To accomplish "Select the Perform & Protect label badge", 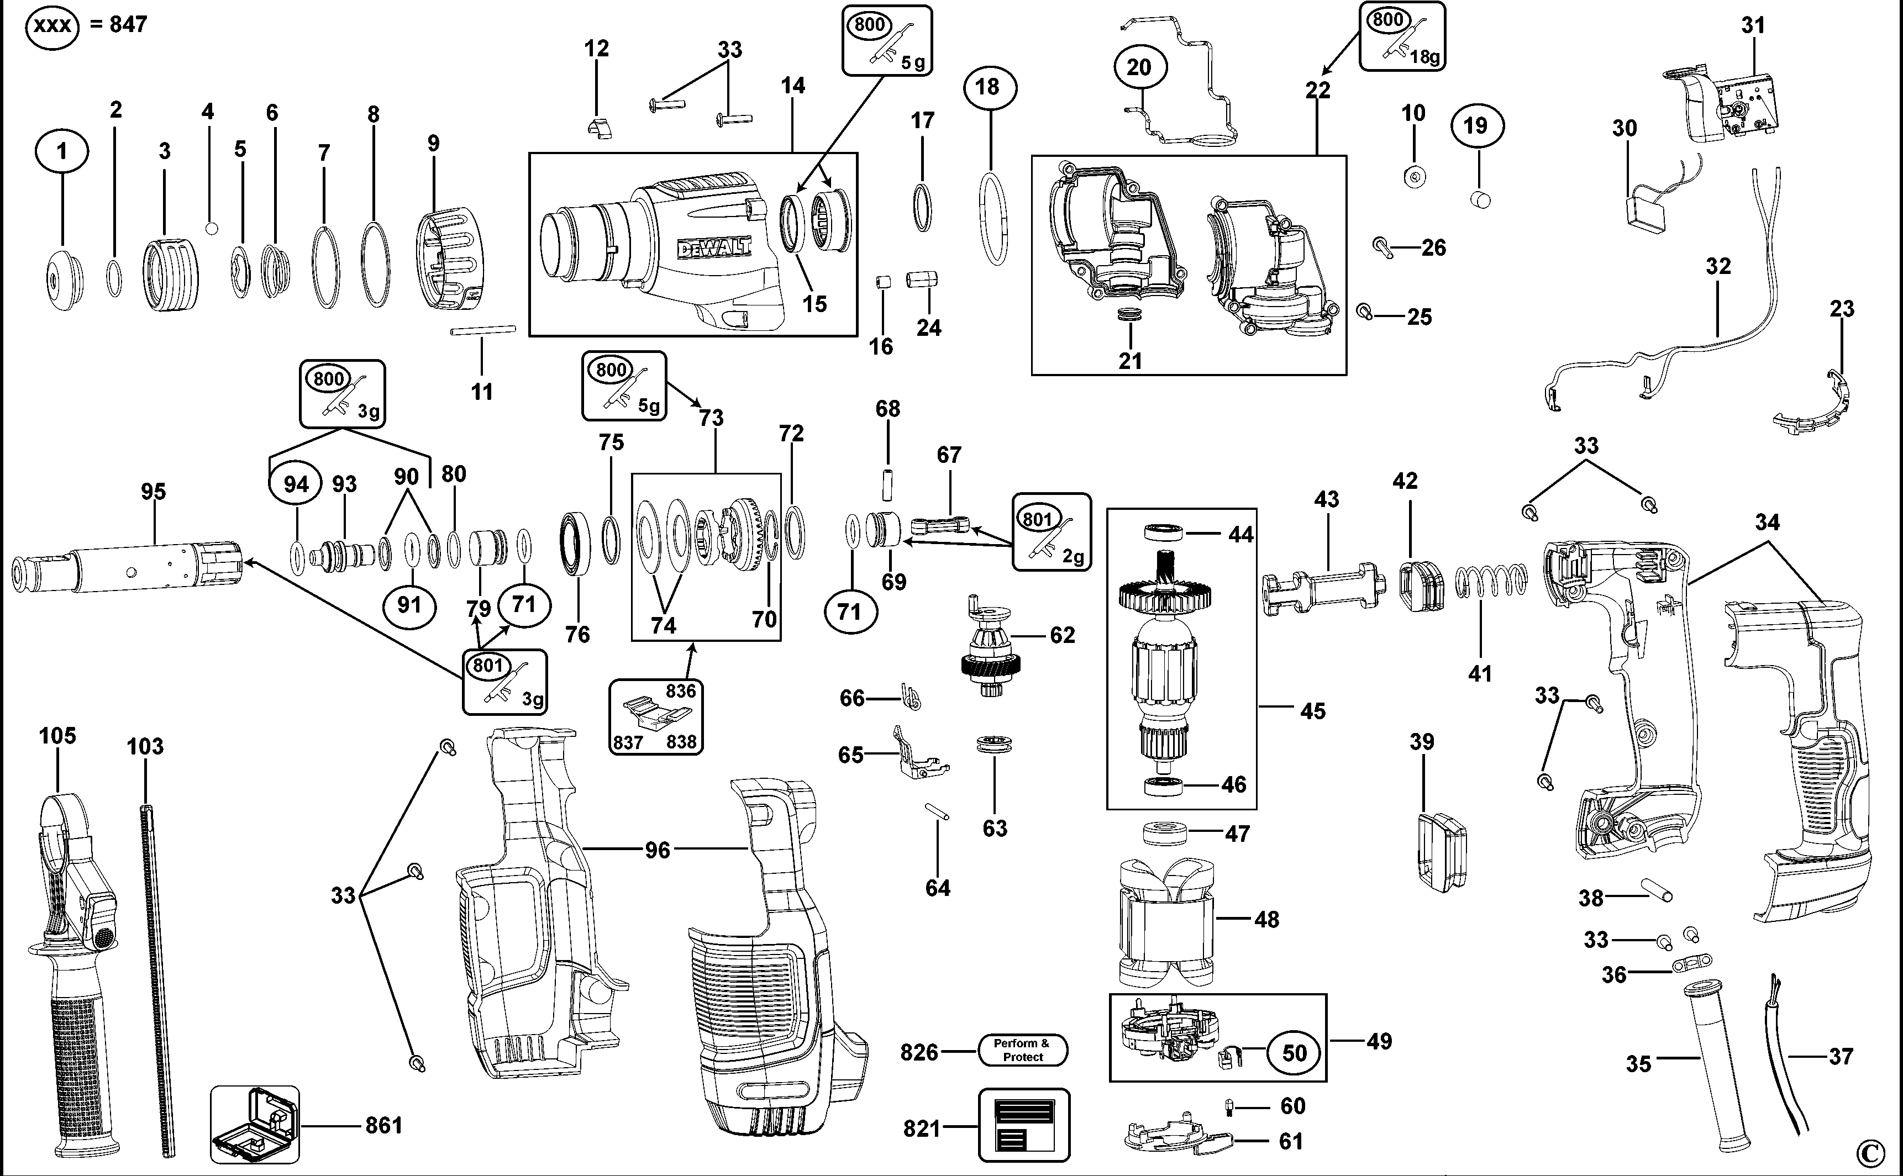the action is [1022, 1050].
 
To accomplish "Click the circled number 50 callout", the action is [1294, 1053].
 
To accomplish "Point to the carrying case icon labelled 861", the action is [254, 1125].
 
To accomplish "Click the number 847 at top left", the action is [128, 25].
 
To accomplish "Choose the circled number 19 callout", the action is [1476, 125].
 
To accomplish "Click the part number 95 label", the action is [153, 492].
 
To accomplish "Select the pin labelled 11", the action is [483, 330].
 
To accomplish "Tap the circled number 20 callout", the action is [1138, 67].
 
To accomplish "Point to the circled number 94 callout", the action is [296, 484].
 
